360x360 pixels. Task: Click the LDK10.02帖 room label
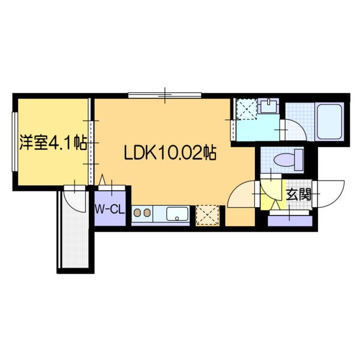(x=170, y=152)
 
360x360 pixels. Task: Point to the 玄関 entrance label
(x=298, y=194)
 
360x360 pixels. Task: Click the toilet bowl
(x=286, y=160)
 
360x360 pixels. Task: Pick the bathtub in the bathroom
(x=328, y=122)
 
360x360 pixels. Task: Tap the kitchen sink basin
(x=178, y=214)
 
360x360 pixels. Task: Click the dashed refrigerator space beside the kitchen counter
(x=208, y=214)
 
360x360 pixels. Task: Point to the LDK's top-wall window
(x=164, y=95)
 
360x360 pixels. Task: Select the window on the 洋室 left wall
(x=14, y=142)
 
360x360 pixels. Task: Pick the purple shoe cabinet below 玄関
(x=290, y=219)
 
